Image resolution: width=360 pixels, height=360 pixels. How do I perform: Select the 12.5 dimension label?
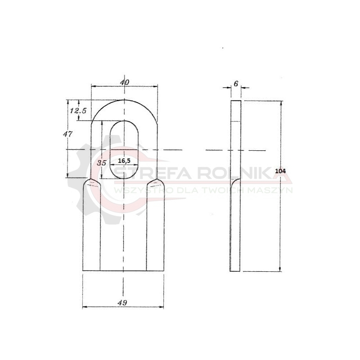coord(78,111)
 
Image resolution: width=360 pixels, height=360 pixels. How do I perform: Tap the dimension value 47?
coord(68,134)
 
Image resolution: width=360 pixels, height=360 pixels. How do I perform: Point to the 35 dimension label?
coord(101,163)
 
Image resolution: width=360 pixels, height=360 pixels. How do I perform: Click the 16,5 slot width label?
coord(124,161)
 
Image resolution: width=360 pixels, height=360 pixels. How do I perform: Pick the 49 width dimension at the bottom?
coord(122,302)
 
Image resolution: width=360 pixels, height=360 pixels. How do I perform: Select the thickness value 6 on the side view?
coord(236,84)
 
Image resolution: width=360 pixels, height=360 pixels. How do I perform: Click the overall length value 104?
coord(280,171)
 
